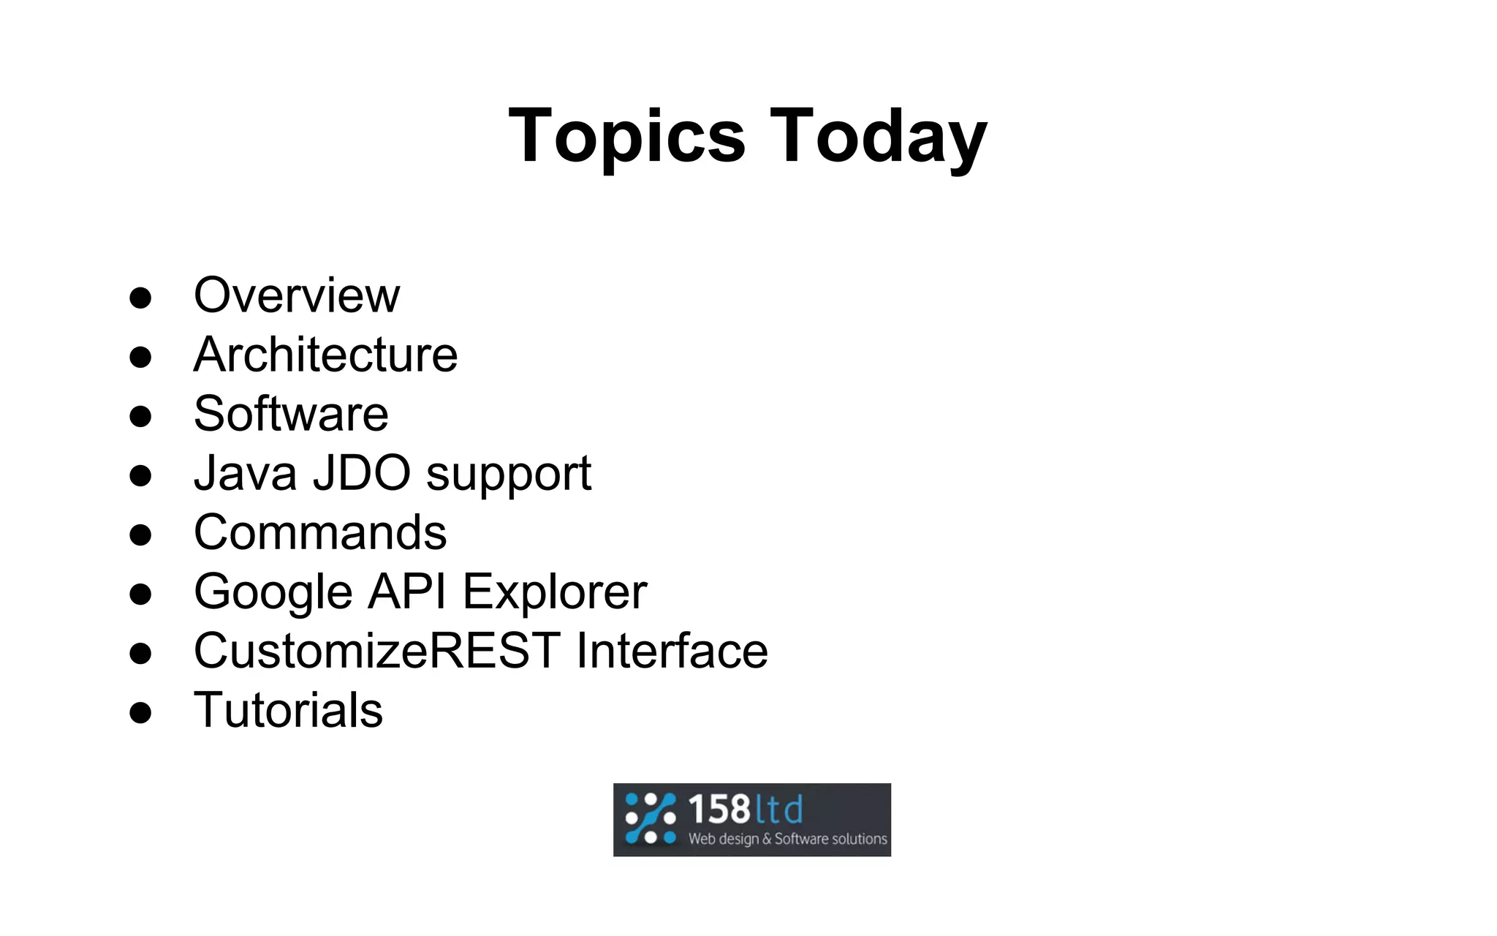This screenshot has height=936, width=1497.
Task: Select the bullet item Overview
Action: (296, 295)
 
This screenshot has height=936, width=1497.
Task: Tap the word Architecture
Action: (325, 355)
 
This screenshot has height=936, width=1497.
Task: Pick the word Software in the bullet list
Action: (291, 414)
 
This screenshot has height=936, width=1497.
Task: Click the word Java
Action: (245, 473)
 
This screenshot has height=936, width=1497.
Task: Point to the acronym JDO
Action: (362, 473)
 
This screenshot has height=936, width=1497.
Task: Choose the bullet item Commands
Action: (320, 532)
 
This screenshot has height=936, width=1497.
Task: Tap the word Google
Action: (273, 592)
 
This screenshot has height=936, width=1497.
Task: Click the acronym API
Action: (406, 591)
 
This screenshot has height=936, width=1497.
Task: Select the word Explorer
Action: (555, 592)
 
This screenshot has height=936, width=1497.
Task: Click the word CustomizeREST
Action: (377, 651)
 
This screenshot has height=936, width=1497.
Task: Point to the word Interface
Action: (672, 651)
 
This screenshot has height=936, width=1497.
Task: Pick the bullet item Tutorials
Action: (288, 710)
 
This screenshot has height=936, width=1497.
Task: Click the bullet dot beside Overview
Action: (140, 298)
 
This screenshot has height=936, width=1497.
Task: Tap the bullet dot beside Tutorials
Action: (140, 712)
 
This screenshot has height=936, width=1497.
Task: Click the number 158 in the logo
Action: (719, 809)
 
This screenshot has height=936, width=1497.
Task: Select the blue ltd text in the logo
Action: (779, 809)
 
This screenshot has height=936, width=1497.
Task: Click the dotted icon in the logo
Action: (650, 819)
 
